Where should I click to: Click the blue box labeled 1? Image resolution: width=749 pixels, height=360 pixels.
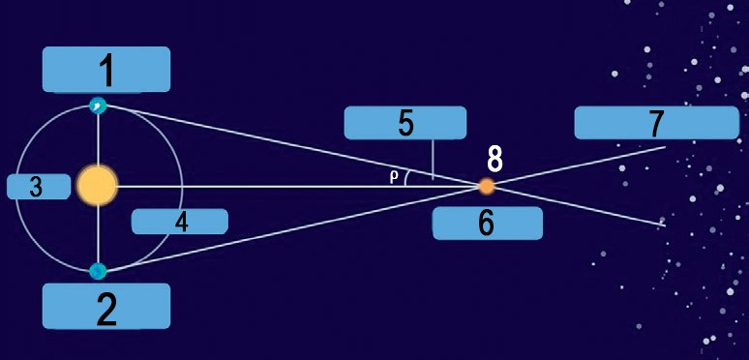tap(106, 70)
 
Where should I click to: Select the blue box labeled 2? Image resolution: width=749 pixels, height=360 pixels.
tap(106, 306)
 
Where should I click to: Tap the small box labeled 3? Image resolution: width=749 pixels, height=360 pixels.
tap(39, 187)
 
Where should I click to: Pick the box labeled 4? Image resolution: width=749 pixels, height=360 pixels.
tap(180, 222)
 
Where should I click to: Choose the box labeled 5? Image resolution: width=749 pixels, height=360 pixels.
tap(405, 123)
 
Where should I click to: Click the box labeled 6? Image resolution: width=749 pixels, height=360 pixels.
tap(487, 223)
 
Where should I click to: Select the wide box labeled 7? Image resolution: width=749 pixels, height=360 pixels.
tap(657, 123)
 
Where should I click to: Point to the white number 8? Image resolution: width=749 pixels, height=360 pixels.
tap(494, 160)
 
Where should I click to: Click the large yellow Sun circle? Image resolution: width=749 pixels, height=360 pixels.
tap(98, 186)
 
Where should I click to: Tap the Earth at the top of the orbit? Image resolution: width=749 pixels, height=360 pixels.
tap(98, 105)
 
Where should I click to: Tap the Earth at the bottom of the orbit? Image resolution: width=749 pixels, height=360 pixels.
tap(98, 271)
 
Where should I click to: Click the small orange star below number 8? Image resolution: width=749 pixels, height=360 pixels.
tap(487, 186)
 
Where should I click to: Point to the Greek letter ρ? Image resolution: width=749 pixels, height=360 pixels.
tap(394, 177)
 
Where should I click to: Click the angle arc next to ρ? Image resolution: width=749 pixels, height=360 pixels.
tap(406, 179)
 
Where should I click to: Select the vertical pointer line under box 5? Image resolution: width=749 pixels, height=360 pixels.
tap(433, 160)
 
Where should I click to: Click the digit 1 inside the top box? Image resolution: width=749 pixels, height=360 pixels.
tap(107, 70)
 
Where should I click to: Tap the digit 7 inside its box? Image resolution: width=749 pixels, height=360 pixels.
tap(657, 123)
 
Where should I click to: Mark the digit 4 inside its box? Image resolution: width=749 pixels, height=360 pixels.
tap(181, 222)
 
